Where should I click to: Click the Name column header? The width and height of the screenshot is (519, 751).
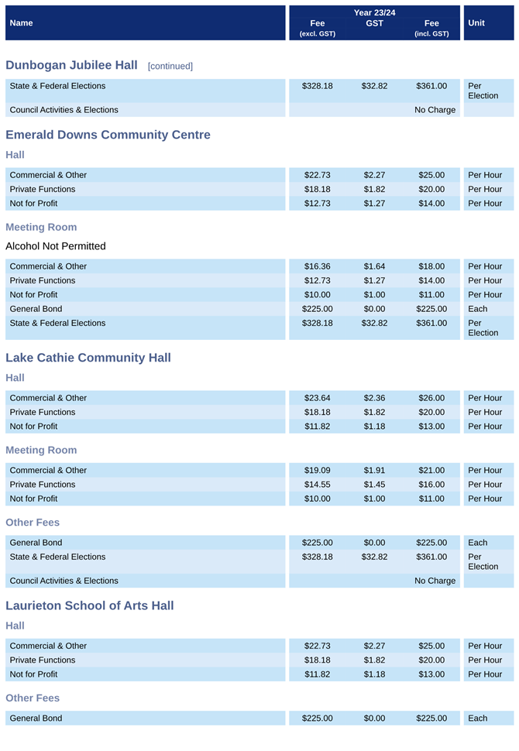click(x=21, y=23)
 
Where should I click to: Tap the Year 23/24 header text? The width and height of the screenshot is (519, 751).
click(x=374, y=12)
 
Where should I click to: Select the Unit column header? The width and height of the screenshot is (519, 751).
click(x=476, y=23)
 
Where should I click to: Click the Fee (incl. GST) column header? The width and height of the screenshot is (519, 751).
click(x=431, y=28)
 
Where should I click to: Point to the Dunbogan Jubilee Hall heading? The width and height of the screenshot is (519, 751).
click(x=71, y=65)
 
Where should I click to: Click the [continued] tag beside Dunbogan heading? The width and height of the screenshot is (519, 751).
click(x=170, y=66)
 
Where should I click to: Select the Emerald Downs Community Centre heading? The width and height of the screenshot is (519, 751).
click(x=108, y=135)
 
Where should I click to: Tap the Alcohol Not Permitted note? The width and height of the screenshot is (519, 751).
click(x=56, y=246)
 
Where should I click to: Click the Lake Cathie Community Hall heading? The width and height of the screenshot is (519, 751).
click(x=88, y=358)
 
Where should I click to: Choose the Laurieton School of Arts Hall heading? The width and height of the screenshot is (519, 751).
click(x=90, y=605)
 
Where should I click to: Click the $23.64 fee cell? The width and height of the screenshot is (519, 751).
click(x=318, y=398)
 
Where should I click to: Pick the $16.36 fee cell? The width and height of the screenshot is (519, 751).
click(x=318, y=266)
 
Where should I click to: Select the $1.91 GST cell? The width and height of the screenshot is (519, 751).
click(x=374, y=470)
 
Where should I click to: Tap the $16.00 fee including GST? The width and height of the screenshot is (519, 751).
click(x=431, y=485)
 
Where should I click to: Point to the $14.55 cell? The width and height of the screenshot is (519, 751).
click(x=318, y=485)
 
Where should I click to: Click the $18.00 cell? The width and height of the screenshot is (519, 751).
click(x=431, y=266)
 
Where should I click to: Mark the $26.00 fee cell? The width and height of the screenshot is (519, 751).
click(x=431, y=398)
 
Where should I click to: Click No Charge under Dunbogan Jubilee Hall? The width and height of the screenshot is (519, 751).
click(x=435, y=110)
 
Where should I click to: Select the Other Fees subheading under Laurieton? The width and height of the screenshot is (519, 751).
click(x=33, y=698)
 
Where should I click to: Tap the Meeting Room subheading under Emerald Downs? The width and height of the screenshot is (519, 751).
click(x=41, y=227)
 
